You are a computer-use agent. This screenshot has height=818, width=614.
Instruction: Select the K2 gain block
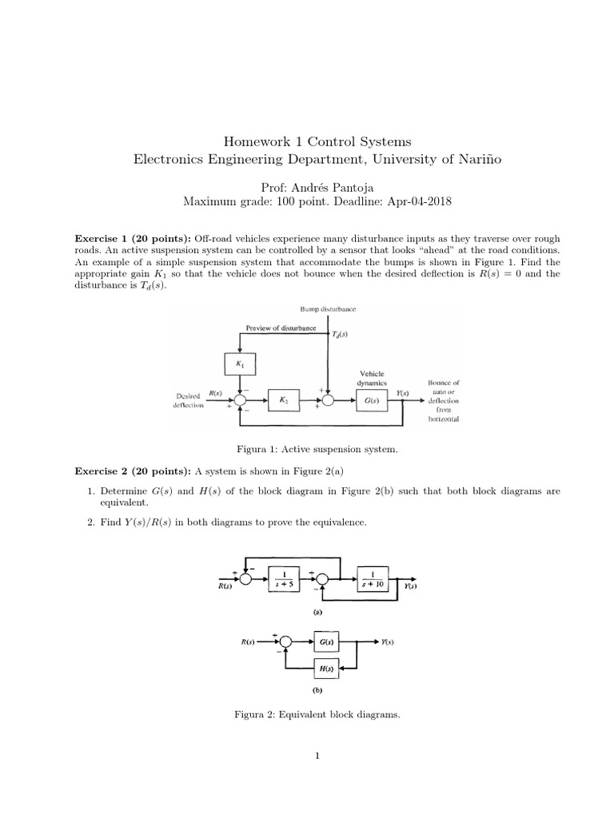pyautogui.click(x=283, y=399)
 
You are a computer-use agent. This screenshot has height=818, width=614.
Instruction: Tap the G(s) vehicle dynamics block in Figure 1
pyautogui.click(x=370, y=399)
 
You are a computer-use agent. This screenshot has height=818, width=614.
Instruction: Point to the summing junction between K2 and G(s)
pyautogui.click(x=328, y=399)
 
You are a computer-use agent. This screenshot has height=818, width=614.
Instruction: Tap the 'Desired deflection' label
pyautogui.click(x=188, y=399)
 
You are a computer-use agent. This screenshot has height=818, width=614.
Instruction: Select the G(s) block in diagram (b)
pyautogui.click(x=325, y=641)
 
